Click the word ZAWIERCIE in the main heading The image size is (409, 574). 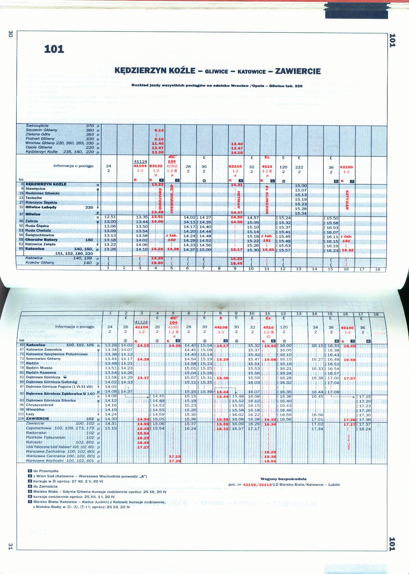[298, 71]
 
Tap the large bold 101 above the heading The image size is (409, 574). [54, 49]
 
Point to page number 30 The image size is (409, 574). [10, 34]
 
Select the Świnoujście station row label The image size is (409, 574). [37, 126]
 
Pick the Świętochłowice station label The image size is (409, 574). [39, 235]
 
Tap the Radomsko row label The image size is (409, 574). [36, 433]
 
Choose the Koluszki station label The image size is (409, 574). [34, 442]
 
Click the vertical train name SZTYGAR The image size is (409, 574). [347, 200]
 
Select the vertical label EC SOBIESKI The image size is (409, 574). [172, 197]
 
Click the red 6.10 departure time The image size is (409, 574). [159, 130]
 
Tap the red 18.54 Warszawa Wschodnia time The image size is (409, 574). [270, 461]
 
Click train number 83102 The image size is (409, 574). [156, 166]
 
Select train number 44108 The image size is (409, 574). [221, 328]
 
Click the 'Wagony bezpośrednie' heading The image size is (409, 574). [283, 479]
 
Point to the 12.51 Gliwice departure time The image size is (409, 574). [110, 217]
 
